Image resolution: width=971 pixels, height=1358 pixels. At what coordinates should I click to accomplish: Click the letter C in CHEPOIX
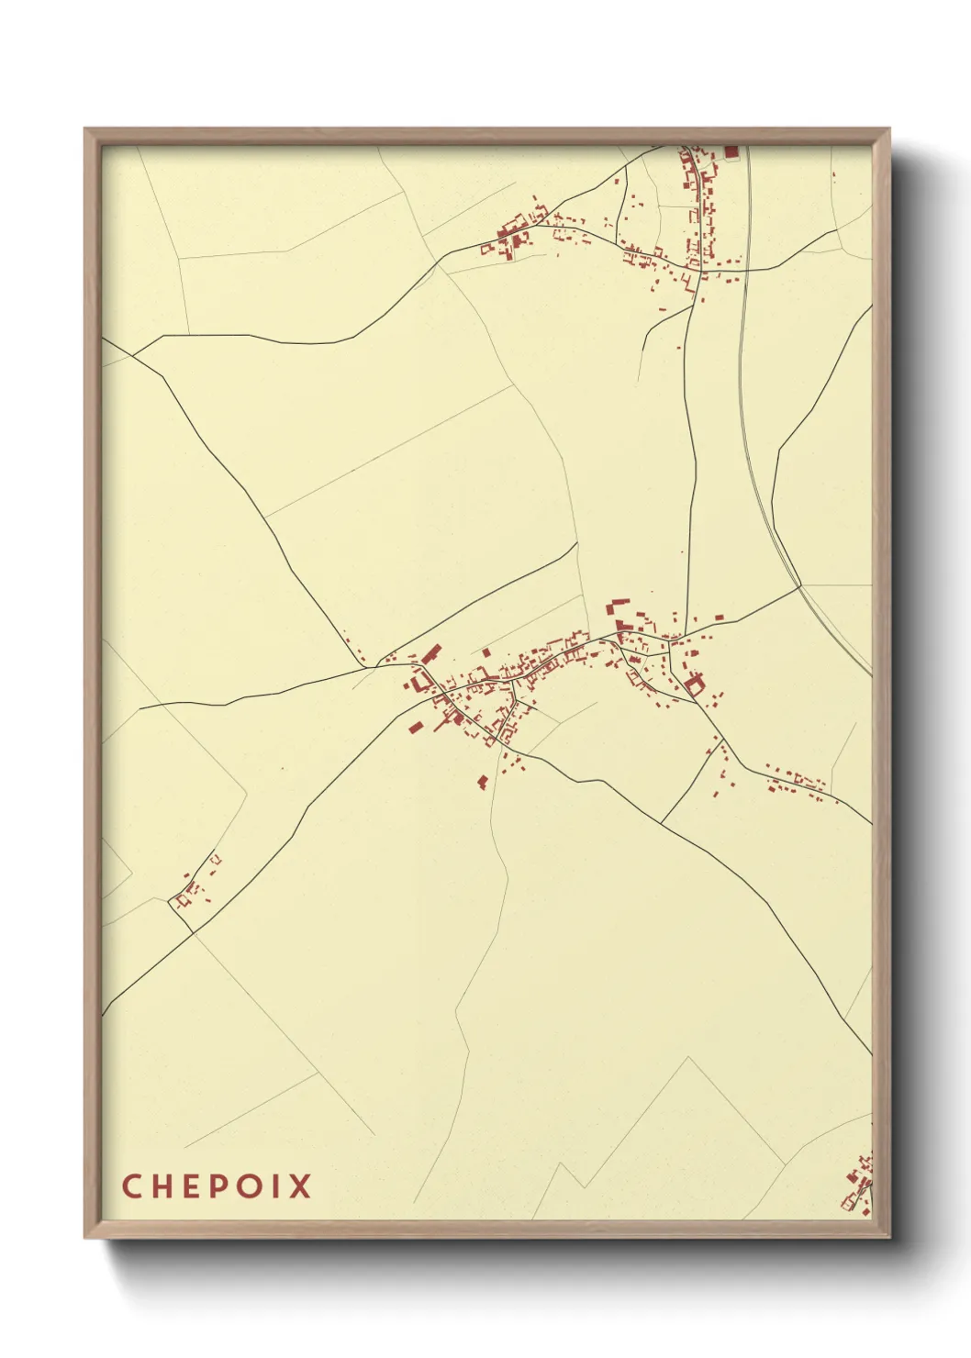131,1186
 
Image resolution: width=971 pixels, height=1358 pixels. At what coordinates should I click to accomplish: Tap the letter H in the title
162,1186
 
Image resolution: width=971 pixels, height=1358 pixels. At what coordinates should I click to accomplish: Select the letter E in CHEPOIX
189,1186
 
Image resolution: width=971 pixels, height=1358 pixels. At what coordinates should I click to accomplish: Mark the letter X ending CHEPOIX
299,1186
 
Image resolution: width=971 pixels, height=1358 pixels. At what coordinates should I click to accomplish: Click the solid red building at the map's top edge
731,151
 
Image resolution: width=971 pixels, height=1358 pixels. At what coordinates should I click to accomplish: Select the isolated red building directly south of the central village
483,782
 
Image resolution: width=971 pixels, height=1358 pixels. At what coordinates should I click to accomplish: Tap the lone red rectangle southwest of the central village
415,728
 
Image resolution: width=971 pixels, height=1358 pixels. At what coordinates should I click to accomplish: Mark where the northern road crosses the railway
743,270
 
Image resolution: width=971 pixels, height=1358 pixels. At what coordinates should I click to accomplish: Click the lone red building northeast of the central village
719,617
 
